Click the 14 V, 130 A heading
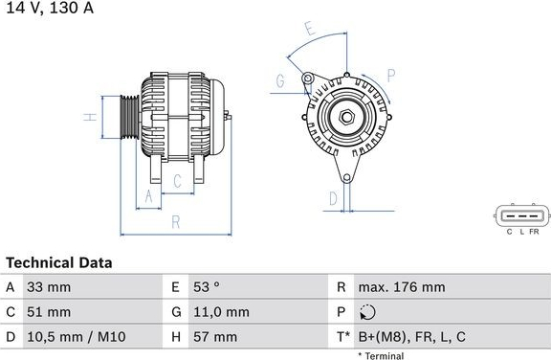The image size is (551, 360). (x=50, y=8)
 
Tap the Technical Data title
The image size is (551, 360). (x=59, y=262)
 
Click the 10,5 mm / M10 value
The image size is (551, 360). (x=77, y=337)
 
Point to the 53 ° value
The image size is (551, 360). (x=207, y=287)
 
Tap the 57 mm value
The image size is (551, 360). (x=215, y=337)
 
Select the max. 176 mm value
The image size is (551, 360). (x=402, y=287)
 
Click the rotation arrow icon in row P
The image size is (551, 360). (x=367, y=312)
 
